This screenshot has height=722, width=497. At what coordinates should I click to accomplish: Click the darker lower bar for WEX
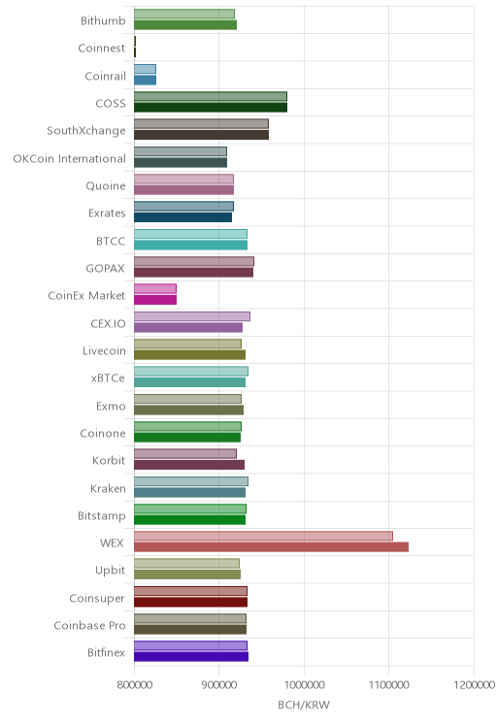pos(271,546)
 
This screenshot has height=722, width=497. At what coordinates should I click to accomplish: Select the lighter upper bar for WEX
pos(263,536)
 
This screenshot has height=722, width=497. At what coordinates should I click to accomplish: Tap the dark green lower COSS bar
pos(211,108)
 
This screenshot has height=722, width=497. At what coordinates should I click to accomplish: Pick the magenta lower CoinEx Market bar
pos(155,300)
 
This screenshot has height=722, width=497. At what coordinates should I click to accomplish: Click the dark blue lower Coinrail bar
pos(145,81)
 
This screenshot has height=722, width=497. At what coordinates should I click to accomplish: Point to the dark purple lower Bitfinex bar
pos(191,657)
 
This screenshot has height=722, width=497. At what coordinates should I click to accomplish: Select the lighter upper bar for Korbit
pos(185,453)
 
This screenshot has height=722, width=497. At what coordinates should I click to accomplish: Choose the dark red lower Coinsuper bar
pos(190,602)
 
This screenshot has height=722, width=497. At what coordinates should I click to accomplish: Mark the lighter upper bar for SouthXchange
pos(201,124)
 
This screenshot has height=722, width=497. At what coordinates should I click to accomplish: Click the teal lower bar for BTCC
pos(190,245)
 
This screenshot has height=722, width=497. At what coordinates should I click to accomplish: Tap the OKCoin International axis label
pos(69,158)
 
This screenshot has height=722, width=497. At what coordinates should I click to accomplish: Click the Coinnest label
pos(101,48)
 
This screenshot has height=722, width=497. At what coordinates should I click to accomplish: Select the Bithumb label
pos(103,20)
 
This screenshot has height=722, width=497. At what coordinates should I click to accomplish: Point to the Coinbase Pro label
pos(89,625)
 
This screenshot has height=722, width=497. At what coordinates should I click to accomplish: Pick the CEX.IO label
pos(108,323)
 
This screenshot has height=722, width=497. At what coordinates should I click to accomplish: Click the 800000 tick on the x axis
pos(135,685)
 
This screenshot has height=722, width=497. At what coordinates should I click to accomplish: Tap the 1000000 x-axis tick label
pos(304,685)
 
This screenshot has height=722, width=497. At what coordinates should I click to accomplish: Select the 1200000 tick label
pos(474,685)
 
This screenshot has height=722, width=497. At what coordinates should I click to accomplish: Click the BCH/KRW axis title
pos(304,705)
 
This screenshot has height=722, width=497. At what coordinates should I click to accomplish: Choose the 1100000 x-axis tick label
pos(388,685)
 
